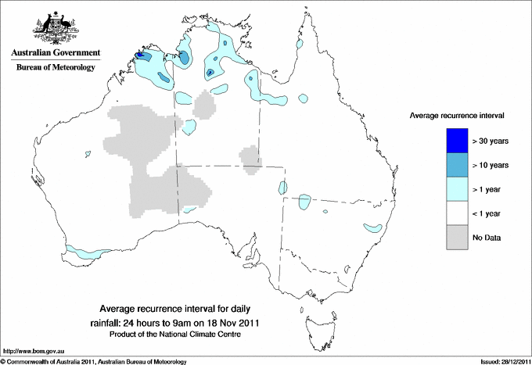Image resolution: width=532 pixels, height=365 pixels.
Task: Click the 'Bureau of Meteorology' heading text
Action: (x=55, y=67)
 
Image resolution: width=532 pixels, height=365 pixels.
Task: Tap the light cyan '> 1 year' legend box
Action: (x=457, y=188)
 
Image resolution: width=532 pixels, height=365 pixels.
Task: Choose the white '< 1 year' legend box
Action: (x=457, y=213)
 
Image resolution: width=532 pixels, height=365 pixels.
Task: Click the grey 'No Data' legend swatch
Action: (x=457, y=237)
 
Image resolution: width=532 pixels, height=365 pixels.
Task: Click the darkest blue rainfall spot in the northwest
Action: (x=141, y=55)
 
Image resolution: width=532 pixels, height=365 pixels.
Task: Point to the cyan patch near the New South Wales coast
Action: (x=374, y=228)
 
